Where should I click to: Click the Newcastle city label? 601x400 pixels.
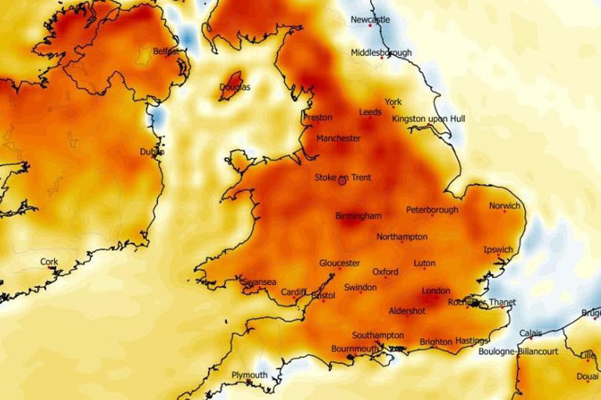click(x=369, y=20)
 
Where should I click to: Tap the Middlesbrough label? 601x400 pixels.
click(x=380, y=53)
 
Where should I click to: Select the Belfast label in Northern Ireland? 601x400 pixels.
click(x=165, y=52)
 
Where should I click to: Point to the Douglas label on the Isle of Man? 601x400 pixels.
click(x=235, y=87)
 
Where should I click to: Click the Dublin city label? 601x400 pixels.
click(x=152, y=152)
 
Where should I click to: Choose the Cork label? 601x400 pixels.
click(x=49, y=261)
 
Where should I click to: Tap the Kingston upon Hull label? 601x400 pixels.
click(x=428, y=118)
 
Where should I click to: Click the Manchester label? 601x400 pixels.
click(x=338, y=139)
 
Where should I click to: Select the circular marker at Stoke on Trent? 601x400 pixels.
click(x=342, y=181)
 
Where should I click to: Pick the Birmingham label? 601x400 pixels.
click(x=358, y=216)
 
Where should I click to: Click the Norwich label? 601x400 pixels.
click(x=504, y=207)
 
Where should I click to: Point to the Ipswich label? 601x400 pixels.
click(x=498, y=250)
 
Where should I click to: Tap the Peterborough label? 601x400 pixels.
click(x=432, y=210)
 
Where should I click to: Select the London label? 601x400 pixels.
click(x=436, y=291)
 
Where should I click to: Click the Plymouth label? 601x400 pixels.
click(x=249, y=376)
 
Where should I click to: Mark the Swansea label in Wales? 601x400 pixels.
click(x=258, y=282)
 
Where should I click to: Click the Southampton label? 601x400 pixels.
click(x=377, y=335)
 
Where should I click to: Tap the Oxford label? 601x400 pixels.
click(x=385, y=272)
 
